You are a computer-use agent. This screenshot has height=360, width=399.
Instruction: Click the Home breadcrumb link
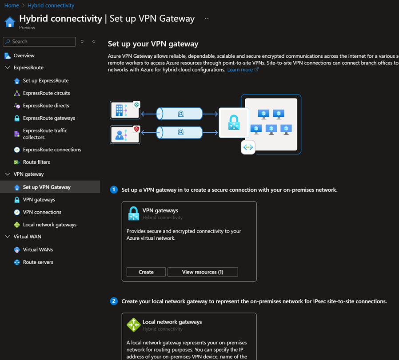coord(12,5)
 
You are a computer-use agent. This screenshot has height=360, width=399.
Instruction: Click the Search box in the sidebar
coord(39,41)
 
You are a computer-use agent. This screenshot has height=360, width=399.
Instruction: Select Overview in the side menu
coord(24,55)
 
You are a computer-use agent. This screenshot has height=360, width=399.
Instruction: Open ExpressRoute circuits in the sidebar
coord(46,93)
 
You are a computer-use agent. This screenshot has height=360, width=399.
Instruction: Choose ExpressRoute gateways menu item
coord(49,118)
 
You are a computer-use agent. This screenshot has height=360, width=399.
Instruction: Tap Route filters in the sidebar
coord(36,162)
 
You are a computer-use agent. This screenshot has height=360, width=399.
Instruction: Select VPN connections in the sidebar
coord(42,212)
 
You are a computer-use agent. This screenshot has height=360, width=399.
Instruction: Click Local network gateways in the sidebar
coord(50,225)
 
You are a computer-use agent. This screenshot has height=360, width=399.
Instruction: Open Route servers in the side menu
coord(38,262)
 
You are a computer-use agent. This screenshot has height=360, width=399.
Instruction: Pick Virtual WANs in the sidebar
coord(38,249)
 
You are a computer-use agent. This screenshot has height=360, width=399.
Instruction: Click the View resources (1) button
coord(203,272)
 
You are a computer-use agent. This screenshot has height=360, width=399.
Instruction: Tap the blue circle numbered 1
coord(114,190)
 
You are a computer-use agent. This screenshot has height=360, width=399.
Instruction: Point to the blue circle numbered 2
coord(114,301)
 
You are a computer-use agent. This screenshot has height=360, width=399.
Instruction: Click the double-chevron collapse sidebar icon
coord(94,41)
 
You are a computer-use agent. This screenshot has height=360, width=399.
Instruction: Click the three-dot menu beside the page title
coord(207,18)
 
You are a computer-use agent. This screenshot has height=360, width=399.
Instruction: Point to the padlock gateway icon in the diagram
coord(234,122)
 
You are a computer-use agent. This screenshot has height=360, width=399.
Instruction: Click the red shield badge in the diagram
coord(137,129)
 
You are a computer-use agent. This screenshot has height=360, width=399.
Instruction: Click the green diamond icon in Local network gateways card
coord(134,324)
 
